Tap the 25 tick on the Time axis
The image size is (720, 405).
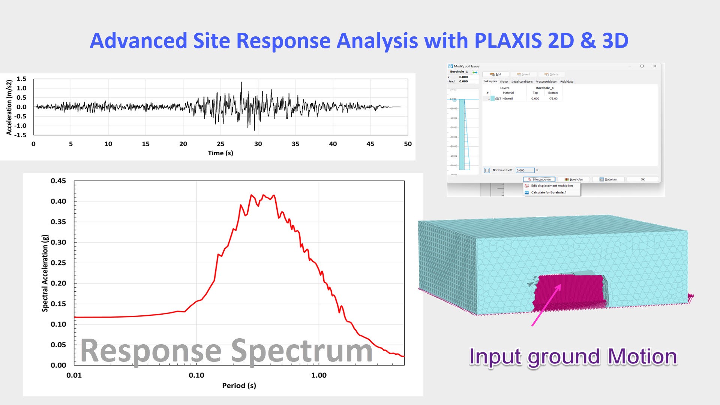pyautogui.click(x=220, y=144)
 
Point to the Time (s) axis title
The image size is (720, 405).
pyautogui.click(x=220, y=153)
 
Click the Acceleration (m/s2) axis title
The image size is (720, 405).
pyautogui.click(x=9, y=107)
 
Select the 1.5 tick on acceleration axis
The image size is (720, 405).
pyautogui.click(x=21, y=79)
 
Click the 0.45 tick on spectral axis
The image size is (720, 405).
pyautogui.click(x=58, y=181)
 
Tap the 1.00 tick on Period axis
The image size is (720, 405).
pyautogui.click(x=319, y=375)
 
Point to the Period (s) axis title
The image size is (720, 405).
pyautogui.click(x=239, y=385)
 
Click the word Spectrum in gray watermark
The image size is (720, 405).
pyautogui.click(x=301, y=351)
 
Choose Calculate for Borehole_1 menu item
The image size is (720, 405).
pyautogui.click(x=548, y=192)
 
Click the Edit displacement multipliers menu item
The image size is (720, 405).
pyautogui.click(x=552, y=186)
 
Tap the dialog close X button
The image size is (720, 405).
pyautogui.click(x=655, y=66)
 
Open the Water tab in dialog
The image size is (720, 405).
pyautogui.click(x=504, y=81)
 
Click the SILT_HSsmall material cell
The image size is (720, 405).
pyautogui.click(x=504, y=99)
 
